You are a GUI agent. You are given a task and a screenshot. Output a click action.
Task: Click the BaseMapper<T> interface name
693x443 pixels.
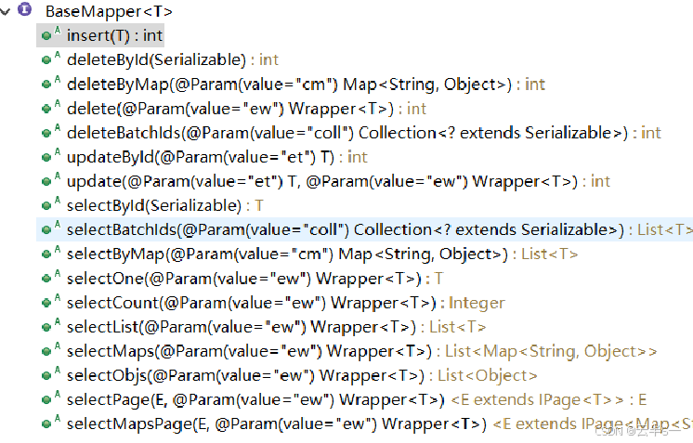(108, 12)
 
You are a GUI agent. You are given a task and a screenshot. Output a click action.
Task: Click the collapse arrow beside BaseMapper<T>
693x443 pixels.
(7, 11)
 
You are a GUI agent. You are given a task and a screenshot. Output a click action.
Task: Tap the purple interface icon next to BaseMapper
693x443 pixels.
(25, 11)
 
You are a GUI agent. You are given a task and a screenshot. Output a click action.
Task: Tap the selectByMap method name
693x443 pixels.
(109, 254)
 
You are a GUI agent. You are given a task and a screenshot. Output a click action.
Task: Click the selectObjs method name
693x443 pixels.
(103, 375)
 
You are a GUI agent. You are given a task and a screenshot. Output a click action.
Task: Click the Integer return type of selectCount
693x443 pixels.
(477, 302)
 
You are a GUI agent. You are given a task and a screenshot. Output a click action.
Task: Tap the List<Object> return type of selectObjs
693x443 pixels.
(488, 375)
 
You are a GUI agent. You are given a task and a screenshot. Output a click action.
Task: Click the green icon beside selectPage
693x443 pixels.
(46, 399)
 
